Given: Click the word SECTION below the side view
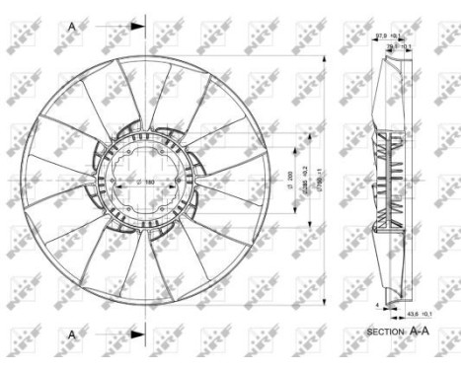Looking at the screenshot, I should [x=385, y=333].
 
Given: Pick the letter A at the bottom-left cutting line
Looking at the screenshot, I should [x=72, y=335].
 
